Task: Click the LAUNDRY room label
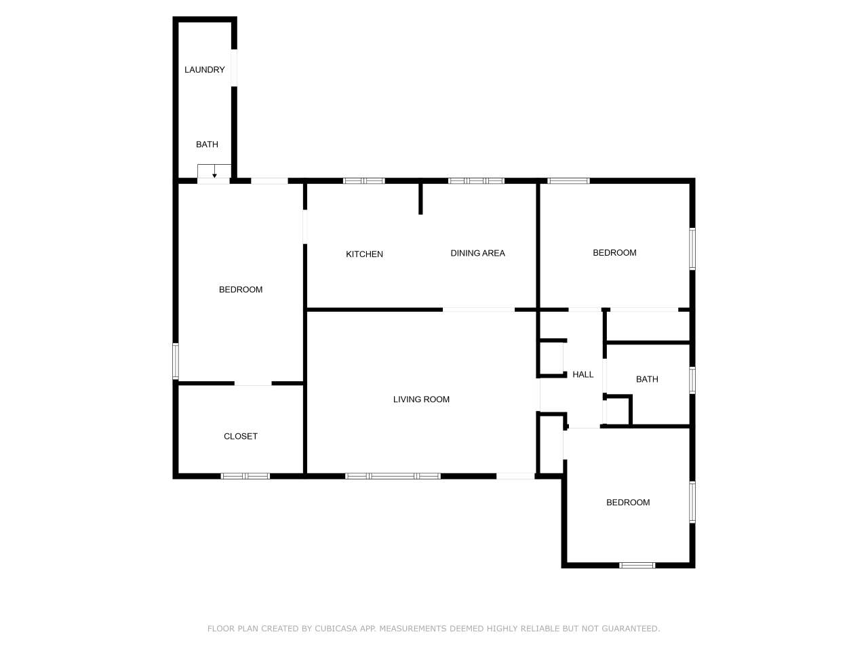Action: (204, 70)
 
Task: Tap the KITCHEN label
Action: (364, 254)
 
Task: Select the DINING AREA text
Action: (477, 253)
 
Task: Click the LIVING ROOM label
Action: (421, 399)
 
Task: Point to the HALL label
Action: (583, 374)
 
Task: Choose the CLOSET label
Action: (240, 436)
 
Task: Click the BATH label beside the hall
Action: (646, 379)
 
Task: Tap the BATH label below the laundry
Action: (207, 144)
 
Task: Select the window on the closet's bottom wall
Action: (245, 476)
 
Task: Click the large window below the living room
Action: (393, 476)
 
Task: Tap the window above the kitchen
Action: (363, 181)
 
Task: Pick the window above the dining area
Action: (476, 181)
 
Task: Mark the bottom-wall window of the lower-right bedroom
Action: (637, 565)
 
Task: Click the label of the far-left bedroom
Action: (240, 290)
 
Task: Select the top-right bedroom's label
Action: (614, 253)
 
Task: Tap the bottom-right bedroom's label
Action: (627, 502)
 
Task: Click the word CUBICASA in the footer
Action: (336, 629)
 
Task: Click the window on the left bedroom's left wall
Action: (176, 361)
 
